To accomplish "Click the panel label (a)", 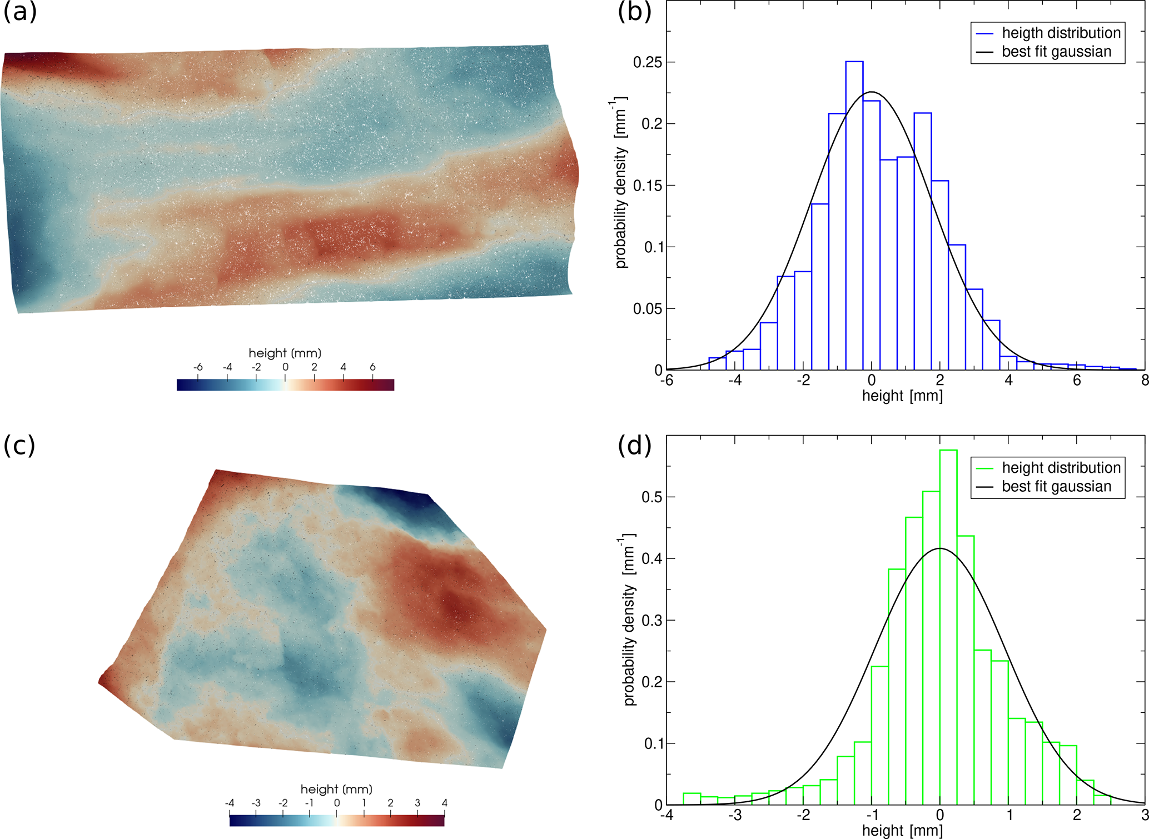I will point(20,12).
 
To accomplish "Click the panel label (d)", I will point(634,446).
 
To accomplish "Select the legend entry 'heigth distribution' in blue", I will point(1061,33).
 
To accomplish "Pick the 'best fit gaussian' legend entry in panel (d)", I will point(1056,486).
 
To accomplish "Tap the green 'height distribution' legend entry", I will point(1061,468).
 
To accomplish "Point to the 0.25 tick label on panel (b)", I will point(648,62).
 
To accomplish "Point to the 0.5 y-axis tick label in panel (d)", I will point(652,497).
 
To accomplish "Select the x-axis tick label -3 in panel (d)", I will point(735,816).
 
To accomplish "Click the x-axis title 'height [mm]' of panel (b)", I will point(902,396).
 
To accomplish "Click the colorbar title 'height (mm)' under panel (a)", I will point(285,353).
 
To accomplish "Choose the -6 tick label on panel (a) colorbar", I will point(197,367).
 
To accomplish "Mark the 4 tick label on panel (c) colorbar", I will point(444,803).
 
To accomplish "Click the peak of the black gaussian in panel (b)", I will point(871,92).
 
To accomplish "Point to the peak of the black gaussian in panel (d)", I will point(940,548).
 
